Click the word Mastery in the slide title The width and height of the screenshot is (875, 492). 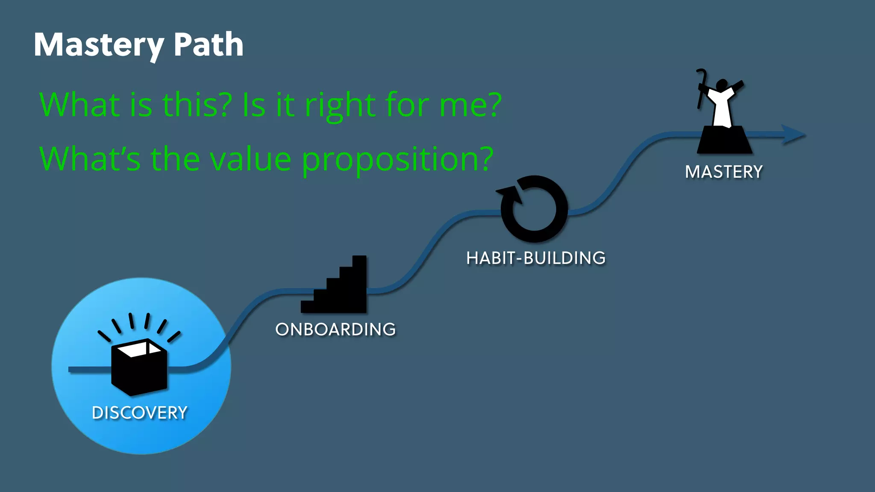[x=99, y=45]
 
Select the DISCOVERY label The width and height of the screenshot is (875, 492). [x=140, y=413]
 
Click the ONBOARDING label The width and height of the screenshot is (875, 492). [x=335, y=329]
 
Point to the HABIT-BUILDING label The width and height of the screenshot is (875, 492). [x=536, y=258]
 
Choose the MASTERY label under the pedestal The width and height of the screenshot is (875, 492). [x=724, y=172]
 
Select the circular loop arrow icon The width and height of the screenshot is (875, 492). [x=534, y=209]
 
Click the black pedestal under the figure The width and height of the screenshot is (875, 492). [x=724, y=141]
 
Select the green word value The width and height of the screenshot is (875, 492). [x=252, y=159]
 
